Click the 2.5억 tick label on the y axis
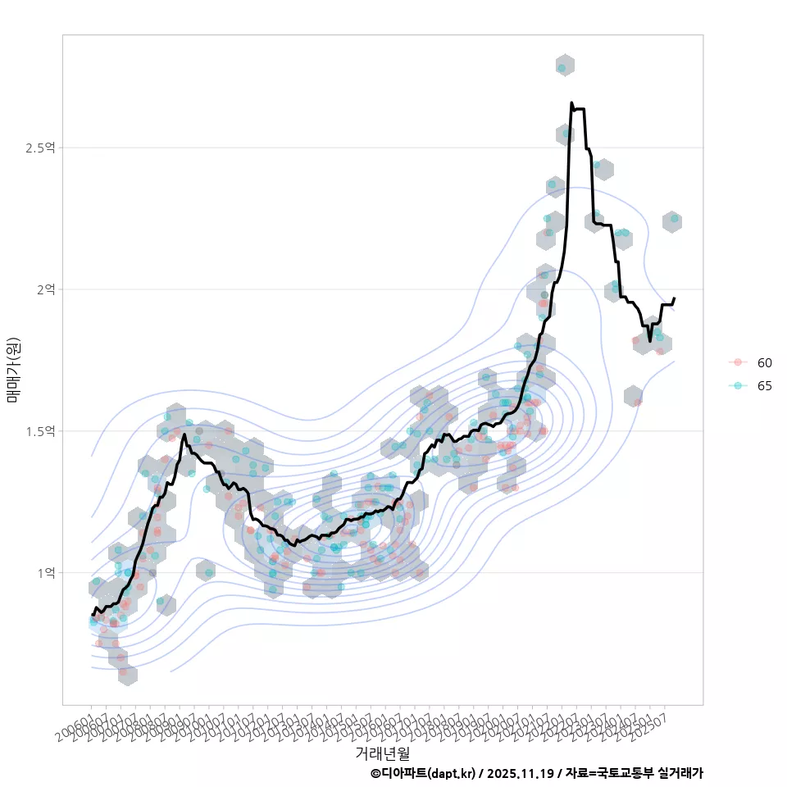tap(40, 148)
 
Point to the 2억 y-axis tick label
tap(45, 289)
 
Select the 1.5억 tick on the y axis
tap(40, 431)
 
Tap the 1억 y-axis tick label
tap(45, 573)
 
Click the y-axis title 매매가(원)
tap(13, 369)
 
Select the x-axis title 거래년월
tap(382, 753)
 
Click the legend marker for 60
tap(738, 362)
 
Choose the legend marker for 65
tap(738, 385)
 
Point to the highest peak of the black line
tap(571, 103)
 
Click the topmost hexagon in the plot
tap(564, 66)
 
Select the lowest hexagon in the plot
tap(127, 675)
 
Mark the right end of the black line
tap(674, 298)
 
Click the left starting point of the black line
tap(93, 614)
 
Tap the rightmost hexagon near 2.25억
tap(672, 221)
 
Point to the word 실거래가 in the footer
tap(676, 773)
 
